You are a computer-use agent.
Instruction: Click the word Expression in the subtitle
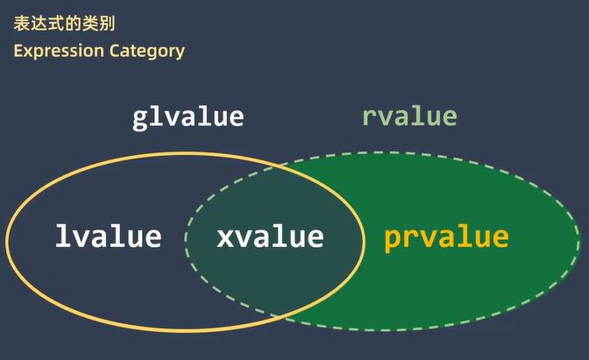(59, 52)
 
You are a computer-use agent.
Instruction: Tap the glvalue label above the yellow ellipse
(188, 118)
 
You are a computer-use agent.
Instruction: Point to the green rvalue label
(409, 116)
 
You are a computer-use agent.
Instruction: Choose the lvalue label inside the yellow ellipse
(109, 236)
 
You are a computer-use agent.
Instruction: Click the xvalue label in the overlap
(270, 237)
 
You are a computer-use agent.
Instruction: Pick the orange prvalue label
(446, 239)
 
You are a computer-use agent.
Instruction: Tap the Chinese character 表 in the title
(22, 24)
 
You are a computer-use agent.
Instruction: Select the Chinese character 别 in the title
(108, 24)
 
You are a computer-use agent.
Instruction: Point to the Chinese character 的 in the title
(74, 24)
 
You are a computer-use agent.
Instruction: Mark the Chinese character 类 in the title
(90, 24)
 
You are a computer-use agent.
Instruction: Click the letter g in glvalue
(139, 121)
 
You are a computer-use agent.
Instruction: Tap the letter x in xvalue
(224, 238)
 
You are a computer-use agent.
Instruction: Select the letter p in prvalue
(392, 241)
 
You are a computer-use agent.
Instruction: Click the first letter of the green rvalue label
(370, 118)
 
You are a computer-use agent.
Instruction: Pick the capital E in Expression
(18, 51)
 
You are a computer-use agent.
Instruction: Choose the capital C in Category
(115, 51)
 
